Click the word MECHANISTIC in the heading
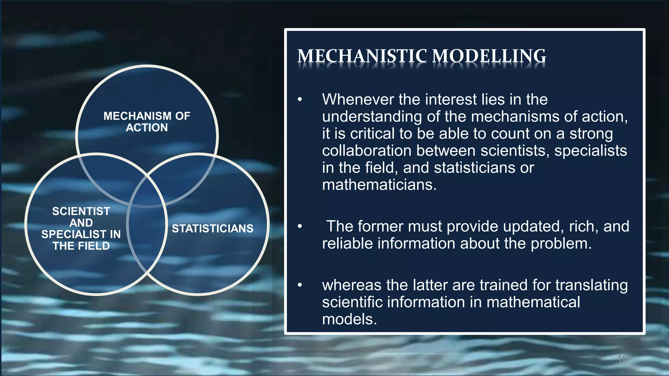362,56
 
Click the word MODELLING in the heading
489,56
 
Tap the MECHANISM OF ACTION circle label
147,122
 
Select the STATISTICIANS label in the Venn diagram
212,228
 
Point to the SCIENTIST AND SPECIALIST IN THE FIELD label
81,228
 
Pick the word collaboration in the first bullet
366,150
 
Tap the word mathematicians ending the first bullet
379,185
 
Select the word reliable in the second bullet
345,243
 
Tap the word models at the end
349,319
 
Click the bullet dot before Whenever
300,100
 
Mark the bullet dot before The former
300,227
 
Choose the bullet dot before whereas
300,285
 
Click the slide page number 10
623,359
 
